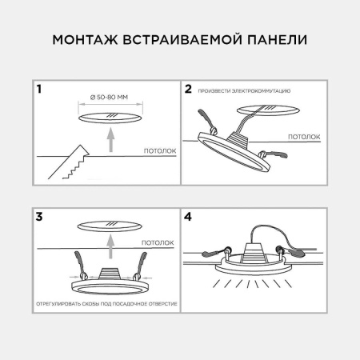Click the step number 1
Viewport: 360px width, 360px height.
coord(38,89)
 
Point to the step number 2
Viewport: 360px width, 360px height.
coord(189,89)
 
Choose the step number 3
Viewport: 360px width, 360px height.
coord(38,216)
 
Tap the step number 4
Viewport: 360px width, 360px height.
coord(189,216)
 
